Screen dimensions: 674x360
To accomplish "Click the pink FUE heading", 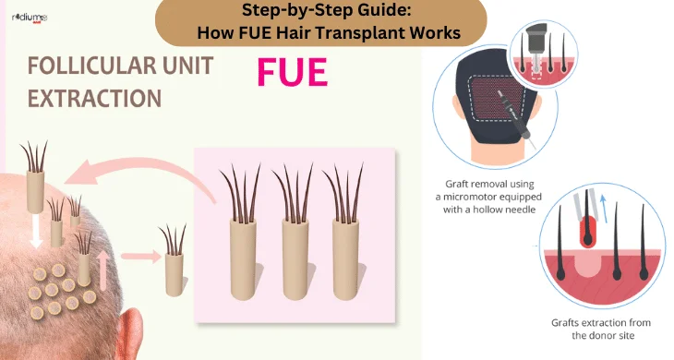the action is (x=293, y=72).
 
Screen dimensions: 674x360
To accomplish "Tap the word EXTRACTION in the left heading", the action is (x=94, y=99).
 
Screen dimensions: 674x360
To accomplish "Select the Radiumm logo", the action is (x=30, y=18).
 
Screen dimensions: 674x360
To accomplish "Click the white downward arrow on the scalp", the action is (x=36, y=231).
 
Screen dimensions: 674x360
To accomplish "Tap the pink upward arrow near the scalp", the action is (x=102, y=270).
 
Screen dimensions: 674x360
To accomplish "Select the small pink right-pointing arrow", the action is (x=140, y=257).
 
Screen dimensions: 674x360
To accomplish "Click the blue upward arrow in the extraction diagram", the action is (x=604, y=210).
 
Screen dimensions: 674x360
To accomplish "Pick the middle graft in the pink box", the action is (x=295, y=231).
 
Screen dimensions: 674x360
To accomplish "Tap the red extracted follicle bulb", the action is (x=587, y=231).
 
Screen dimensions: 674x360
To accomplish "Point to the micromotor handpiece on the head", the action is (x=516, y=117).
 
